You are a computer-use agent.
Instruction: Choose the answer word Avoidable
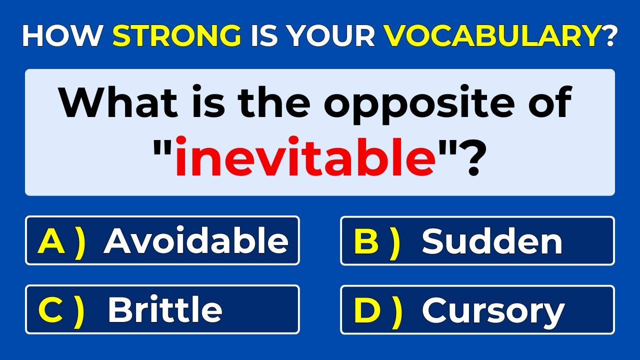tap(196, 241)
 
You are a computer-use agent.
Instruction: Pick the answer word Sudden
tap(492, 241)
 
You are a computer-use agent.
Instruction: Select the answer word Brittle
tap(164, 309)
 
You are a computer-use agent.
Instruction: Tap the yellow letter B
tap(366, 241)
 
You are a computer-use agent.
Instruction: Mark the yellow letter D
tap(367, 309)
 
